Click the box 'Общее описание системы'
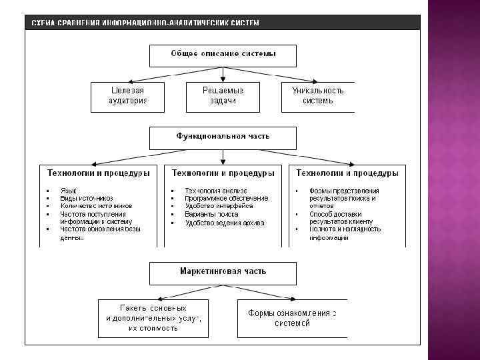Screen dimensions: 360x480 pyautogui.click(x=223, y=55)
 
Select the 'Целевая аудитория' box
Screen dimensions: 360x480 pyautogui.click(x=127, y=96)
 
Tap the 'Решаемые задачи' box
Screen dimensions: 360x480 pyautogui.click(x=223, y=96)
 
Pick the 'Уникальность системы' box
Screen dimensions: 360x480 pyautogui.click(x=318, y=96)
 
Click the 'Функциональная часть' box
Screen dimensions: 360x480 pyautogui.click(x=223, y=137)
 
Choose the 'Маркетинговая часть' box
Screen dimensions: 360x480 pyautogui.click(x=223, y=273)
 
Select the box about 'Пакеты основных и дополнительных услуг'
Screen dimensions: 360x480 pyautogui.click(x=153, y=319)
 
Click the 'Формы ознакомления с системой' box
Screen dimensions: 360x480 pyautogui.click(x=288, y=319)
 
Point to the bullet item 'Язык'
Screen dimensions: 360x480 pyautogui.click(x=68, y=190)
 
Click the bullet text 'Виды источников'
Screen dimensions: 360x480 pyautogui.click(x=86, y=198)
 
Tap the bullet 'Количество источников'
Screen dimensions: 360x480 pyautogui.click(x=96, y=206)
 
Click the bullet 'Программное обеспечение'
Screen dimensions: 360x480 pyautogui.click(x=227, y=198)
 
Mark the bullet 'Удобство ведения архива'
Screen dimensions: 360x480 pyautogui.click(x=225, y=223)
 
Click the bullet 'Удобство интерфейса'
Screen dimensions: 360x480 pyautogui.click(x=219, y=206)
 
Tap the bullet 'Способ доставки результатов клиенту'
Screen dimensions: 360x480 pyautogui.click(x=341, y=218)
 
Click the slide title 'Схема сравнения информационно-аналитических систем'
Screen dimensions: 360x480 pyautogui.click(x=145, y=23)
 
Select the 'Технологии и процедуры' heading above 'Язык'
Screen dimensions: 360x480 pyautogui.click(x=99, y=173)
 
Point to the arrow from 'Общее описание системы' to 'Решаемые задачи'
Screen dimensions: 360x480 pyautogui.click(x=223, y=73)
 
